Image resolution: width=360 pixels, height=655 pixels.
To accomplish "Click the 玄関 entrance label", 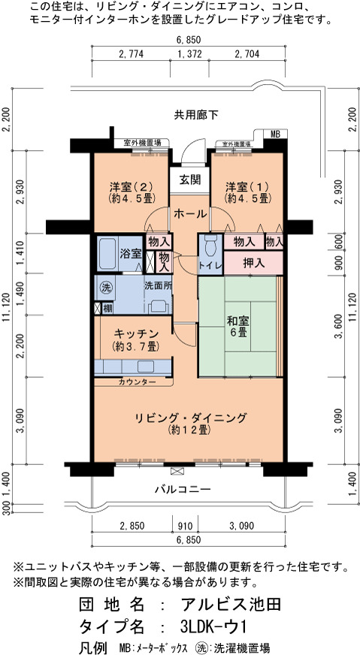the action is click(189, 180).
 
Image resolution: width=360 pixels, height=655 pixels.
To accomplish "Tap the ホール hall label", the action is click(189, 214).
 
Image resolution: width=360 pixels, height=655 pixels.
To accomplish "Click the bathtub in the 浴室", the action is click(107, 254).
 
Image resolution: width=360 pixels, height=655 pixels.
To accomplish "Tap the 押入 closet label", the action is click(253, 263).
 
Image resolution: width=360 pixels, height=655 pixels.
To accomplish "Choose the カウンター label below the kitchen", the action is click(137, 382).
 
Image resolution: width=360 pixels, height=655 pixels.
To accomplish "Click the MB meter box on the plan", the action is click(275, 134).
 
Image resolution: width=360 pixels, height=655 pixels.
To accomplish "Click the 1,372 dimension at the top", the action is click(189, 54).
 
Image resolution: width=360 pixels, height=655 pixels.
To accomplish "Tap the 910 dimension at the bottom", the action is click(185, 525).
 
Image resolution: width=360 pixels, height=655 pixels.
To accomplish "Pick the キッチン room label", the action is click(135, 340).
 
